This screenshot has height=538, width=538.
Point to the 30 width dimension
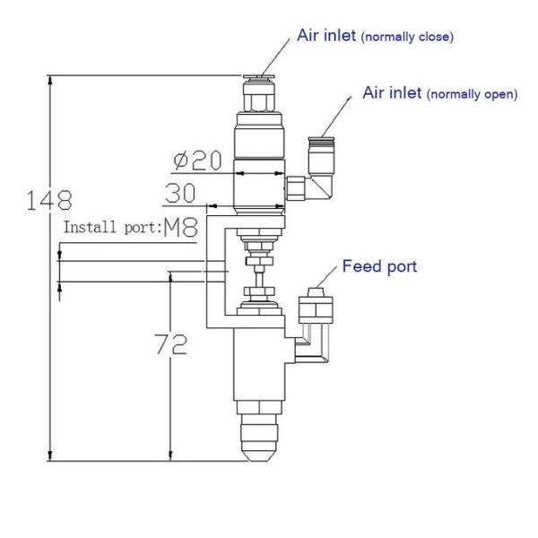pyautogui.click(x=181, y=193)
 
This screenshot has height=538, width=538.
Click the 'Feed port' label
pyautogui.click(x=379, y=267)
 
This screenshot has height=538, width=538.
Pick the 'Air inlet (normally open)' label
pyautogui.click(x=439, y=93)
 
